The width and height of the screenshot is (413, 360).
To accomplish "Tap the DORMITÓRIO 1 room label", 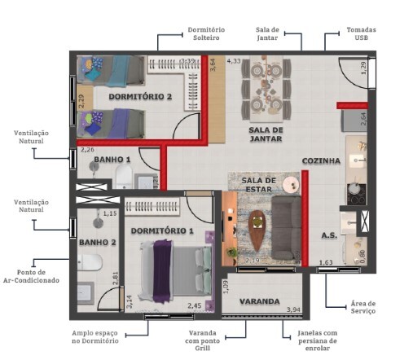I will (x=162, y=230).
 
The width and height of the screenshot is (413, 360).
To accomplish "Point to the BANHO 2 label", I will (x=97, y=242).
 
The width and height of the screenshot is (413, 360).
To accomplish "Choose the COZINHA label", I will (x=321, y=161).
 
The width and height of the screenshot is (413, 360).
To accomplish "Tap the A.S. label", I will (x=329, y=235).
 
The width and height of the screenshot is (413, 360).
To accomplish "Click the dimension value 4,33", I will (x=234, y=61).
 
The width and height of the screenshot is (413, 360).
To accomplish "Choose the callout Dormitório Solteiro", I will (x=209, y=35).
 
